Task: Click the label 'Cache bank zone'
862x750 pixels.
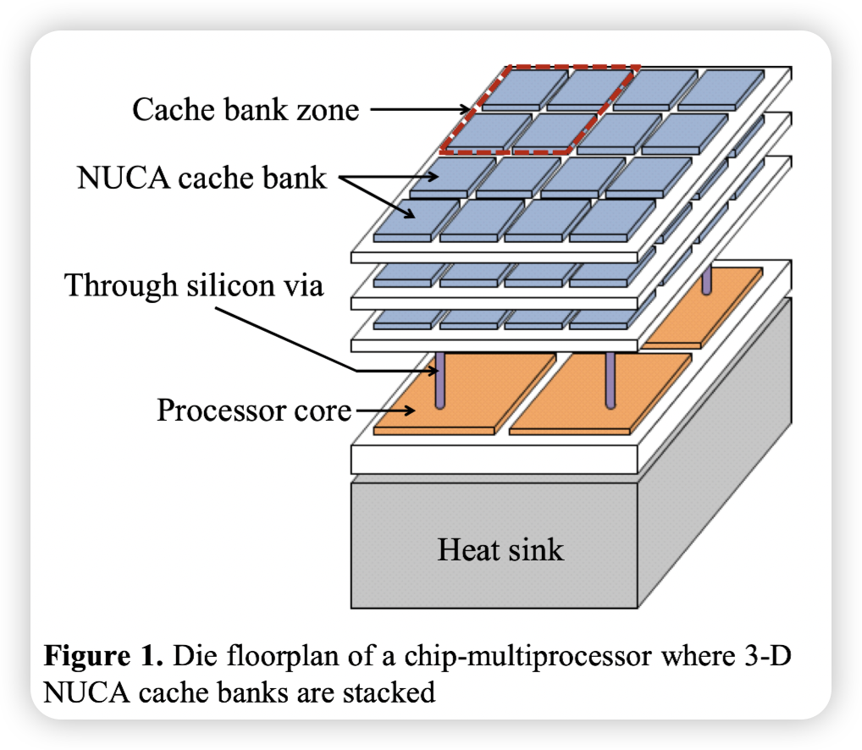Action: tap(246, 109)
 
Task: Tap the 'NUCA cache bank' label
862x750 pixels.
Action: tap(202, 179)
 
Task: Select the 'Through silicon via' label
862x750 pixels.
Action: tap(194, 285)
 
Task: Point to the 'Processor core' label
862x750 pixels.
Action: tap(253, 411)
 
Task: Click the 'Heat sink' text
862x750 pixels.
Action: tap(500, 550)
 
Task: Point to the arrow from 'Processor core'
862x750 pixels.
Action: tap(385, 411)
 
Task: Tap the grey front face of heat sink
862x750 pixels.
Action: tap(495, 542)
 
